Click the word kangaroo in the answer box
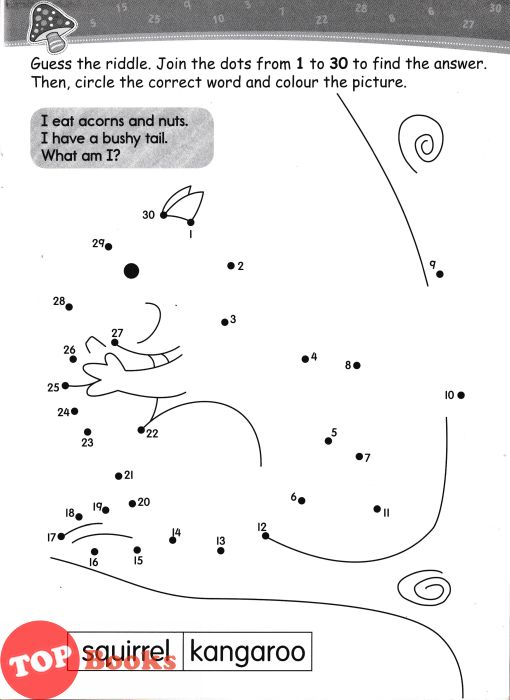(247, 652)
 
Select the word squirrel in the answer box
(126, 652)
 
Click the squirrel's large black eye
(131, 271)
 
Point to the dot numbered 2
(231, 266)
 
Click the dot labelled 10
(461, 395)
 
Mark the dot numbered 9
(440, 274)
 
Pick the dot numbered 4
(305, 359)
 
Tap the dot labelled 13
(221, 551)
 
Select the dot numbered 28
(69, 307)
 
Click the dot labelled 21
(118, 476)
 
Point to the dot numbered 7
(359, 456)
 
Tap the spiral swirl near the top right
(422, 144)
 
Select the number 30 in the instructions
(339, 64)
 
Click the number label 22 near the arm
(152, 433)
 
